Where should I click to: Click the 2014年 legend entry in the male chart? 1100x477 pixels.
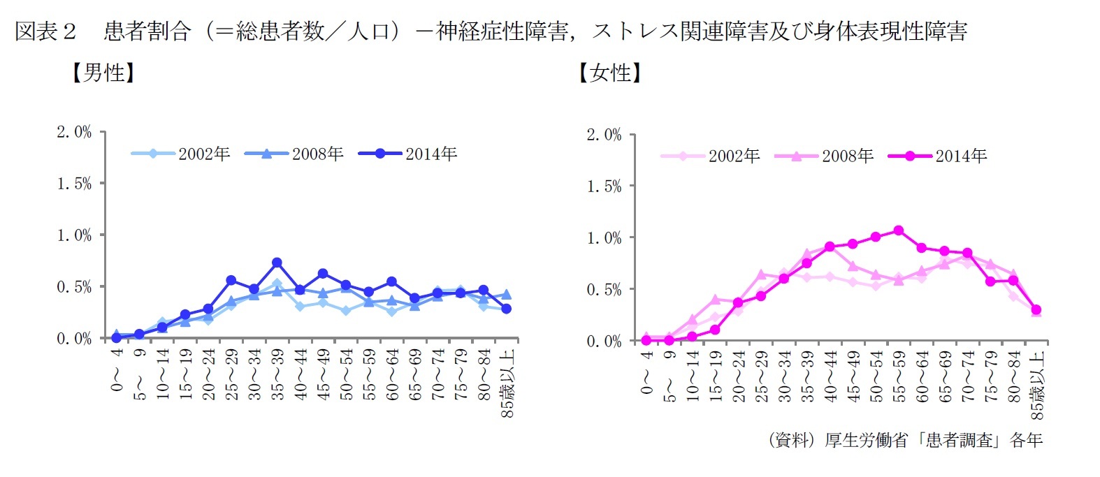coord(407,154)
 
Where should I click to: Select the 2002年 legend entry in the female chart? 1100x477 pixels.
coord(710,156)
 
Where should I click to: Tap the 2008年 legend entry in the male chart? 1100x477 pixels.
coord(294,154)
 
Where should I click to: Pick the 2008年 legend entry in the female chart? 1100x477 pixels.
coord(824,156)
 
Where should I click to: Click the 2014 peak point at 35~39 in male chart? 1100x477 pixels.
coord(277,263)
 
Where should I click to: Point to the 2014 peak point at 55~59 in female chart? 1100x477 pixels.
coord(899,230)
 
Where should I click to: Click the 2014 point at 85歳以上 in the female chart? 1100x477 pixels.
coord(1036,309)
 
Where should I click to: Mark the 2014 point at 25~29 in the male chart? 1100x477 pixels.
coord(231,280)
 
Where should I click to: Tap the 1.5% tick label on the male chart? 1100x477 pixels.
coord(74,184)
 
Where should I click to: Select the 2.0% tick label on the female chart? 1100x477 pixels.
coord(604,135)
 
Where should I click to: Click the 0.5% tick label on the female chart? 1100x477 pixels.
coord(604,290)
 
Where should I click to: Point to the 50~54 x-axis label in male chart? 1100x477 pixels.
coord(346,375)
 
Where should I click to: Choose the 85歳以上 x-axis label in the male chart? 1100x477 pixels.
coord(508,383)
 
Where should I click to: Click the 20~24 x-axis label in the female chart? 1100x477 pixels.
coord(738,376)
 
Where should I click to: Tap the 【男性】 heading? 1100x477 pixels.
coord(103,73)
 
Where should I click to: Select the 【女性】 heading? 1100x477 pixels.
coord(609,73)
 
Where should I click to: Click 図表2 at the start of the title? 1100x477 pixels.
coord(45,31)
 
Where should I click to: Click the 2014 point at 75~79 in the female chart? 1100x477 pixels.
coord(990,281)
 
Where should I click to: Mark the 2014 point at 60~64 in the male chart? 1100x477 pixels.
coord(391,281)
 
